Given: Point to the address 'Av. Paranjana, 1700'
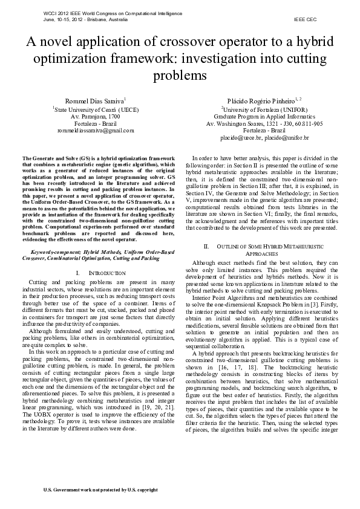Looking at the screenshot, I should (96, 116).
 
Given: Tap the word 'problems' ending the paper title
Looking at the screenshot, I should (180, 76).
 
